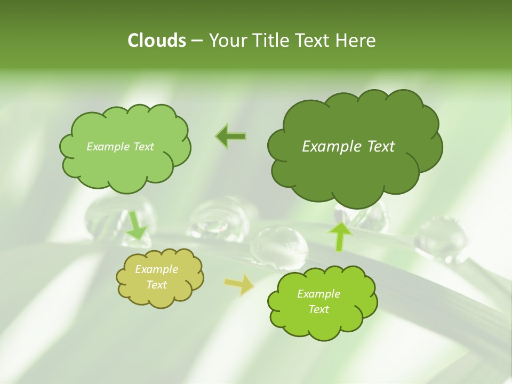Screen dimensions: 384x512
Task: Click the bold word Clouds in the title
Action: (156, 41)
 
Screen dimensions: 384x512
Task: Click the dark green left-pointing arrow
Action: (231, 137)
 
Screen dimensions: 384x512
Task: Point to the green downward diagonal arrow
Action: (137, 225)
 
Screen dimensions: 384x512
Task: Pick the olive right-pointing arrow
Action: (238, 285)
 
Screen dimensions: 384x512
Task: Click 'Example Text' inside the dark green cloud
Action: (348, 147)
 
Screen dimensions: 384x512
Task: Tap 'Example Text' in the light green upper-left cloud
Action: (120, 147)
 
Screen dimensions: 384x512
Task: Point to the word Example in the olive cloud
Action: (156, 270)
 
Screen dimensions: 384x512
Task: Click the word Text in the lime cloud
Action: (318, 309)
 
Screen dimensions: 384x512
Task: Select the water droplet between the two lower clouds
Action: (279, 246)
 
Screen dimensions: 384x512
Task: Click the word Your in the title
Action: (224, 41)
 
